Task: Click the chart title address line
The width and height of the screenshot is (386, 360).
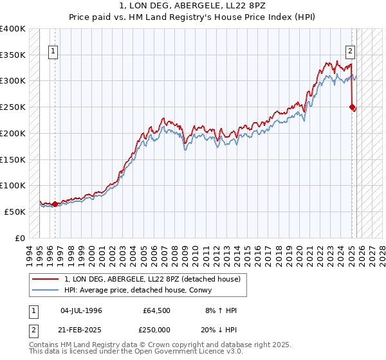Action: pos(193,6)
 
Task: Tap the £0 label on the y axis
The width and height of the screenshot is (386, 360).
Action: pos(21,238)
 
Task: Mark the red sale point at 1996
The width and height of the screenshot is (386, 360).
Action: pos(55,204)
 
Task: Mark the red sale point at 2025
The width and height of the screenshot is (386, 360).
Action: pos(353,107)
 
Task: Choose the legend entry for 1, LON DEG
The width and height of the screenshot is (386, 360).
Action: pos(152,279)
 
